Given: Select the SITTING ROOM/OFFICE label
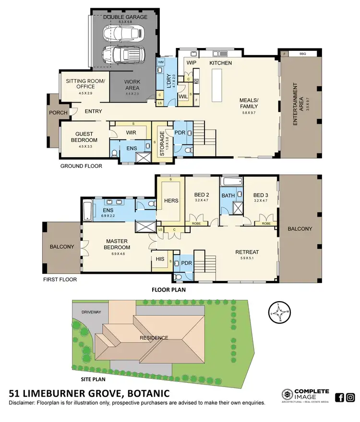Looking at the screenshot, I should click(84, 84).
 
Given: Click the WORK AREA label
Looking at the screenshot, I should click(132, 85).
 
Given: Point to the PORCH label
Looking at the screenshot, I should click(58, 113).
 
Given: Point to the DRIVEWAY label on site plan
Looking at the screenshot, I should click(91, 312).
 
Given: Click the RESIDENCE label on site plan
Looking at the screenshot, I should click(154, 338).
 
